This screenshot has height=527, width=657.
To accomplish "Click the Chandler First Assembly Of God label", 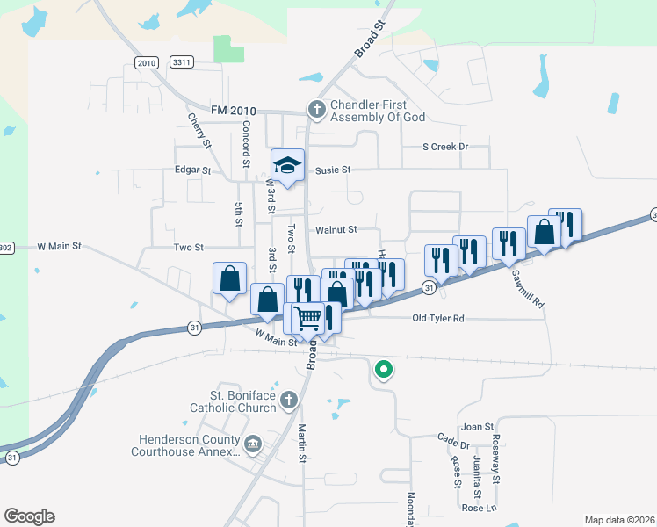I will pos(378,111).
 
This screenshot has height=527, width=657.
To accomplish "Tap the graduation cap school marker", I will pos(287,165).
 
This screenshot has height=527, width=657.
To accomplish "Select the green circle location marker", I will pos(383,371).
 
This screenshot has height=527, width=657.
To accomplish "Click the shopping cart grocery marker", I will pos(308,317).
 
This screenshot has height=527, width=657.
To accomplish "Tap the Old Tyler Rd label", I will pos(437,318).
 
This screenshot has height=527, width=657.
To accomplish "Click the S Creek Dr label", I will pos(444,147).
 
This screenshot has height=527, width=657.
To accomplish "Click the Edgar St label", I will pos(193,170).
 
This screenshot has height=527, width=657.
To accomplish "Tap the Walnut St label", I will pos(336,229).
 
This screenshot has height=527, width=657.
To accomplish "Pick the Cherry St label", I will pos(199,130).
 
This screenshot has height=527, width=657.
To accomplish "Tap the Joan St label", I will pos(478,427).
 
